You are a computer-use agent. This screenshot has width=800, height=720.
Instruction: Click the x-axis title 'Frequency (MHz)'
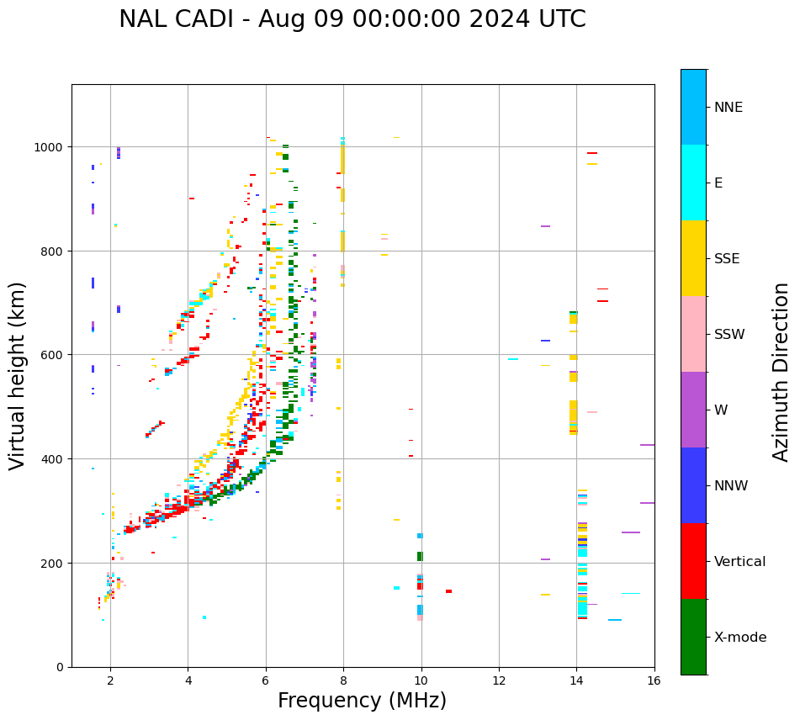tap(362, 701)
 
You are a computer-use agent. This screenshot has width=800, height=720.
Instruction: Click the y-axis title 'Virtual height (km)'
tap(18, 375)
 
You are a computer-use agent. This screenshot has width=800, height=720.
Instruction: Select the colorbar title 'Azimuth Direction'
tap(781, 372)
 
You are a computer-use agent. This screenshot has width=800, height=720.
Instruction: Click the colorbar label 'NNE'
tap(728, 108)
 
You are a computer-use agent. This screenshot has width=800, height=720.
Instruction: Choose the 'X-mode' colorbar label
tap(740, 638)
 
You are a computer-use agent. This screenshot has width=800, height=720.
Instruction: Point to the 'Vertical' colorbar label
tap(740, 562)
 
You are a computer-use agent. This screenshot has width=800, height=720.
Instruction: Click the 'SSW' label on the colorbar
tap(729, 335)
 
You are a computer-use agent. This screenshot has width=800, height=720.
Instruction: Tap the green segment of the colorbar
tap(693, 637)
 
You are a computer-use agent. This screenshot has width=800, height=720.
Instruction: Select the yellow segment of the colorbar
tap(693, 258)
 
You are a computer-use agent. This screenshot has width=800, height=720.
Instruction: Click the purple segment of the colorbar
tap(693, 410)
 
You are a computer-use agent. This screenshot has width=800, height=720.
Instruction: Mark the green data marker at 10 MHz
tap(420, 556)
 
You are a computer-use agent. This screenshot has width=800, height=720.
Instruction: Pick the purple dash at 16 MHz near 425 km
tap(647, 445)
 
